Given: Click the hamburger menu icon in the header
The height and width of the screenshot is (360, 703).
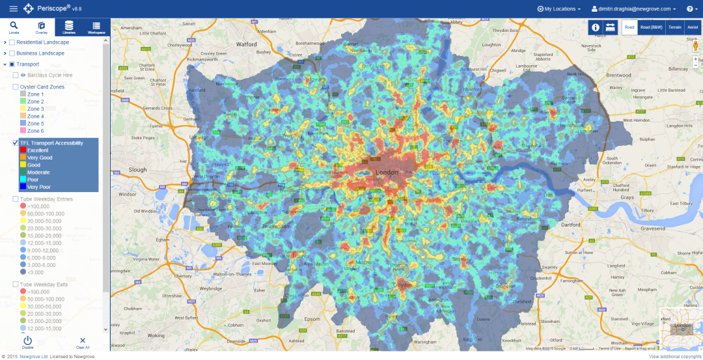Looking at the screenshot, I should coord(13,9).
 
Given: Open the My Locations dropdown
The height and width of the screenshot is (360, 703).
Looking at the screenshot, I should coord(559,9).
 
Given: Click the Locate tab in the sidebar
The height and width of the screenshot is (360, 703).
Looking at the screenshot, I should coord(14,27).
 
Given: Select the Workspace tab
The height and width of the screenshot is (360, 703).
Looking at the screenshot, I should coord(96,27).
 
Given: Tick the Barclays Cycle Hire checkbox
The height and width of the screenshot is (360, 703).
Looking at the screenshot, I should coord(16,76).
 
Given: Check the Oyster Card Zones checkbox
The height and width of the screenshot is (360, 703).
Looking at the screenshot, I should coord(16,87).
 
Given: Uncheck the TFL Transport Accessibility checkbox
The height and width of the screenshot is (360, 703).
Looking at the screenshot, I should coord(16,143).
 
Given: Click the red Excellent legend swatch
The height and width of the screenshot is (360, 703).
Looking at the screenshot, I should coord(23,150).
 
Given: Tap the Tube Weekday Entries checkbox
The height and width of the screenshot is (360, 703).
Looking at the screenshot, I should coord(16,199).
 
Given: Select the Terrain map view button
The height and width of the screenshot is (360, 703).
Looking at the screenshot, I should coord(675,27).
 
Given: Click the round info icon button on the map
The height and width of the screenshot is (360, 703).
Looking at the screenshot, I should coord(595,27).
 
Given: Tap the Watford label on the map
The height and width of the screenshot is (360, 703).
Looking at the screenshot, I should coord(247,44).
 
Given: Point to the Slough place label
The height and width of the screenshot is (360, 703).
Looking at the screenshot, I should coord(138,170).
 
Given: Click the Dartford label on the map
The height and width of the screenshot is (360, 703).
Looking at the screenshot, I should coord(570,225).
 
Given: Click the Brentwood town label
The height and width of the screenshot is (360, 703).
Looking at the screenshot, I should coord(618,76).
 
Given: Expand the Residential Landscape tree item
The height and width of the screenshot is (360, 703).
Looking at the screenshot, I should coord(5,42).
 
